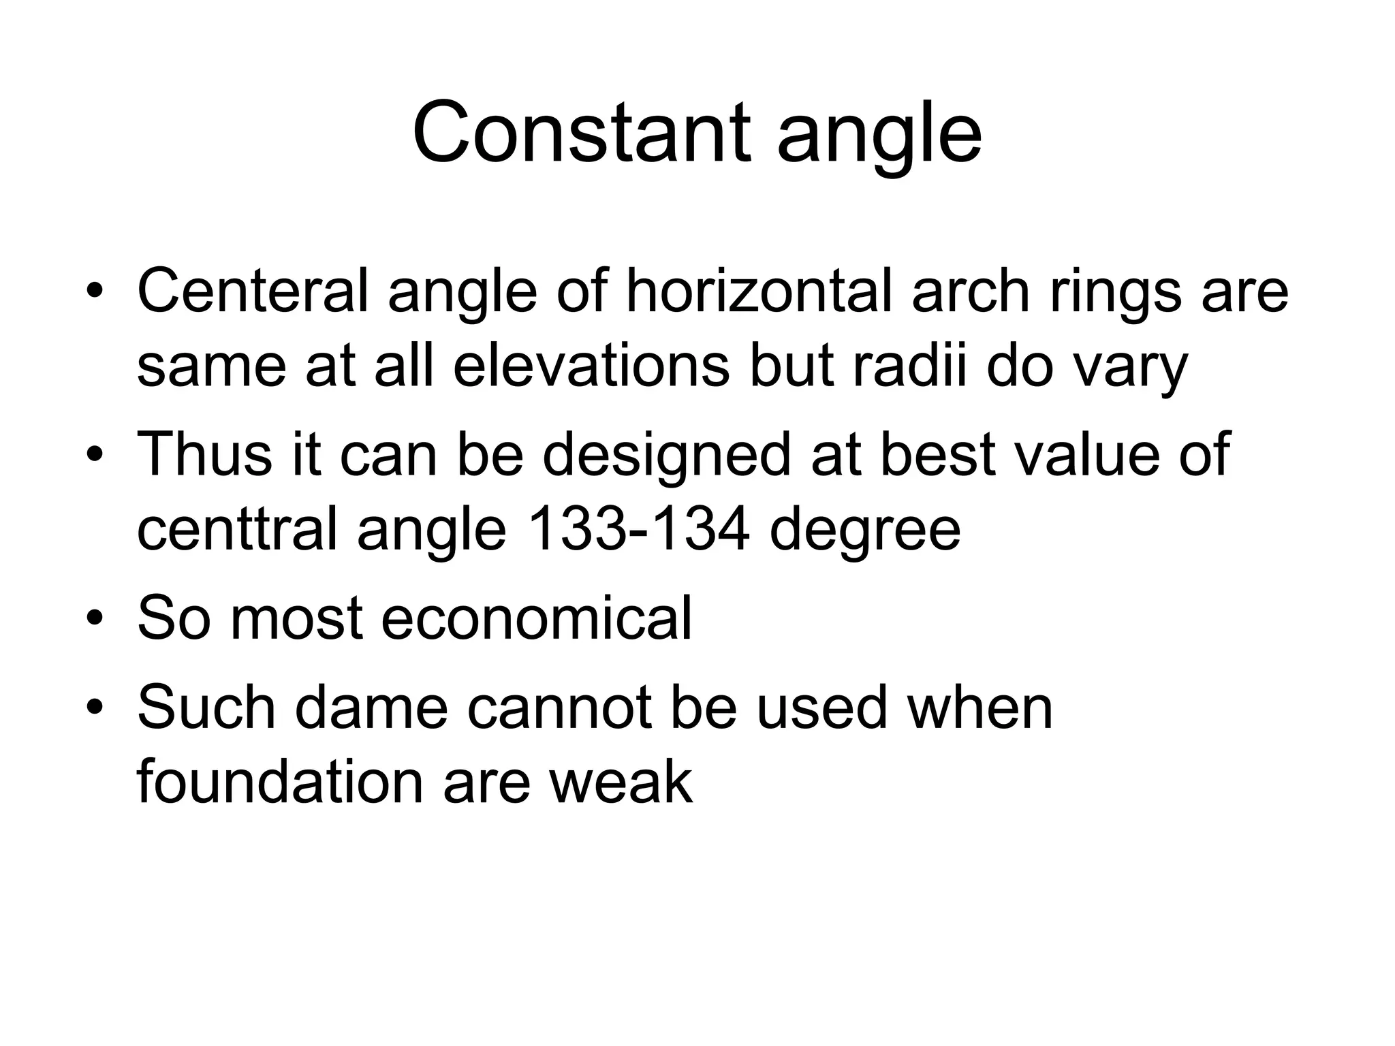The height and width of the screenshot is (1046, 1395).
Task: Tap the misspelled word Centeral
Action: tap(252, 291)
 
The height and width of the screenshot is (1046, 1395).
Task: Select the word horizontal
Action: tap(758, 291)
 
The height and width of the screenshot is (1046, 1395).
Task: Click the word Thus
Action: tap(204, 454)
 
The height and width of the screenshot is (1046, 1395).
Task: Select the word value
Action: tap(1087, 454)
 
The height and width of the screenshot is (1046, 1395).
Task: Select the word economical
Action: tap(536, 618)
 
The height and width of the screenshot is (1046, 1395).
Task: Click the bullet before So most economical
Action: tap(96, 618)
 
